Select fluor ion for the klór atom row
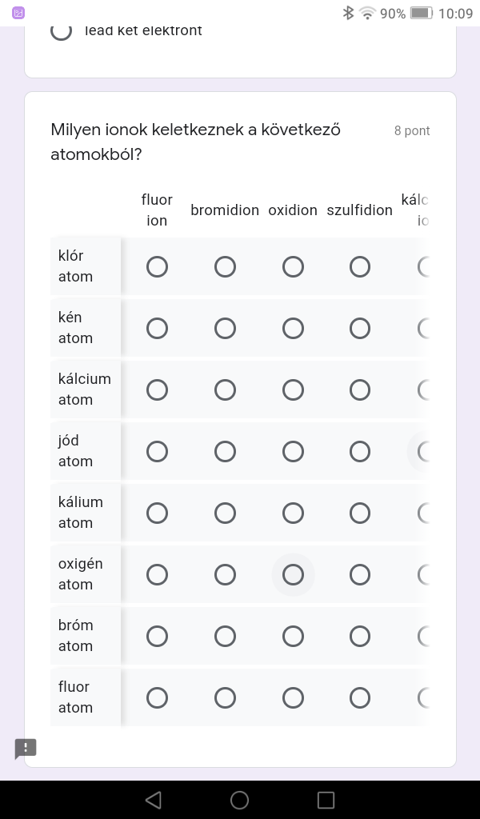pos(158,266)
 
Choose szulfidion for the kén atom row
pos(360,328)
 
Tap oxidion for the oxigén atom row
pos(293,574)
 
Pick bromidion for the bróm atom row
pos(225,636)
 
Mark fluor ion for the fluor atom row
pos(158,697)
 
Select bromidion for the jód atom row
pos(225,451)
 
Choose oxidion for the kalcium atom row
pos(293,390)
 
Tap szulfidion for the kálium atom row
pos(360,513)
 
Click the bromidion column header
pos(225,210)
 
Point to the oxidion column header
pos(293,210)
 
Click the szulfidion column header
pos(360,210)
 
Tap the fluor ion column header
pos(157,210)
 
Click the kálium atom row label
pos(81,513)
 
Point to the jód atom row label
pos(75,451)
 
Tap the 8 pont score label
pos(412,131)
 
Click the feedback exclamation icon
pos(26,749)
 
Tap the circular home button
pos(239,800)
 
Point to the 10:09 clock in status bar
pos(456,13)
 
